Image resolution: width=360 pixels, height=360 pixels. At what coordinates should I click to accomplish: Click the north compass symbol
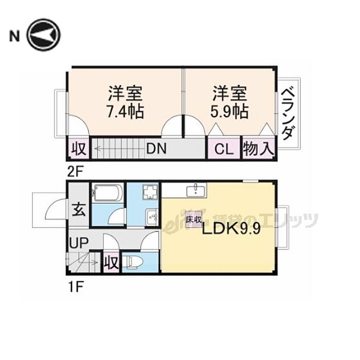click(x=44, y=35)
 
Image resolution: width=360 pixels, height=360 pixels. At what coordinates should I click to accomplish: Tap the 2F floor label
click(x=75, y=170)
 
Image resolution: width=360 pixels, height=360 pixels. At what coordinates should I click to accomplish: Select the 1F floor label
click(x=75, y=286)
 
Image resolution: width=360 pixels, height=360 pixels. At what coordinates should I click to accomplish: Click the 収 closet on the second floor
click(x=78, y=150)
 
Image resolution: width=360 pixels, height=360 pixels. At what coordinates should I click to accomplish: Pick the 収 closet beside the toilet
click(x=111, y=263)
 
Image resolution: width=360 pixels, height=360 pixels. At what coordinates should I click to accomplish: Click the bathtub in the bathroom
click(x=107, y=194)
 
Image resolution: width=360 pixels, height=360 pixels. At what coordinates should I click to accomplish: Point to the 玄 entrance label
click(x=78, y=210)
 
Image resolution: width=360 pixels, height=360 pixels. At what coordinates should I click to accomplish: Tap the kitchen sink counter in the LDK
click(x=195, y=191)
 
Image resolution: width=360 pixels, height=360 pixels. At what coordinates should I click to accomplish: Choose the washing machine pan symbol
click(x=151, y=193)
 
